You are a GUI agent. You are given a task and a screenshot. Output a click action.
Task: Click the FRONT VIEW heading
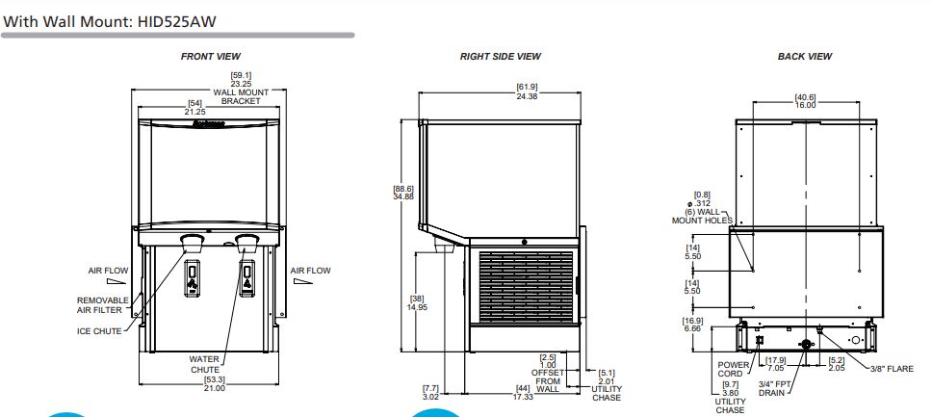pyautogui.click(x=211, y=57)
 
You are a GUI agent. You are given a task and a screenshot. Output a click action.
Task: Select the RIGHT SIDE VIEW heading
pyautogui.click(x=501, y=57)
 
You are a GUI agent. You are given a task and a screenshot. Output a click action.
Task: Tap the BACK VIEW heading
pyautogui.click(x=805, y=57)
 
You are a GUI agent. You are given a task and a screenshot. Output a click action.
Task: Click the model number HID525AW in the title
pyautogui.click(x=176, y=22)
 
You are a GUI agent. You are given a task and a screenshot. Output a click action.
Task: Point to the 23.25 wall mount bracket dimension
pyautogui.click(x=242, y=84)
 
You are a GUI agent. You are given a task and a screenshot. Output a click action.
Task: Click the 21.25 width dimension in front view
pyautogui.click(x=194, y=112)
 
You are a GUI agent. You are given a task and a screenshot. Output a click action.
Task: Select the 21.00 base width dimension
pyautogui.click(x=215, y=388)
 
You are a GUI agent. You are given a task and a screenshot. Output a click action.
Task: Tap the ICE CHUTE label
pyautogui.click(x=99, y=331)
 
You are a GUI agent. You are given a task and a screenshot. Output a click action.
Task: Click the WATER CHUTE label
pyautogui.click(x=204, y=365)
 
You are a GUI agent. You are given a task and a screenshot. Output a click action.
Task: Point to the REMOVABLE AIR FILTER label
pyautogui.click(x=102, y=305)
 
